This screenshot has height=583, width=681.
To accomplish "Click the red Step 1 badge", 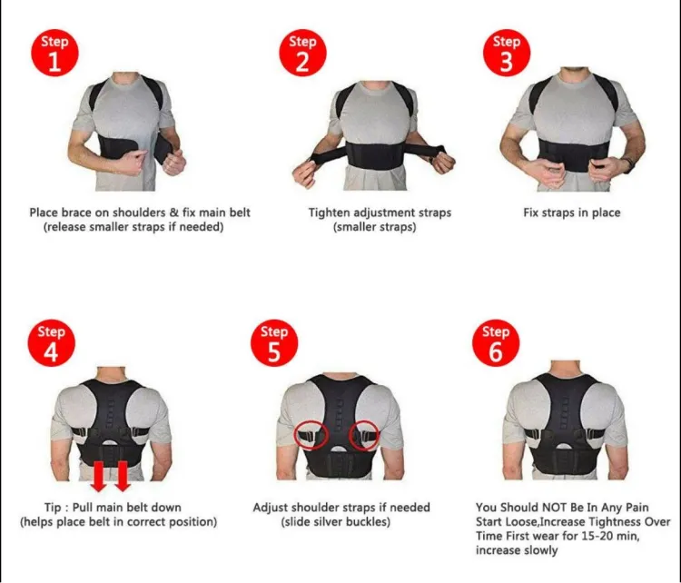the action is coord(54,53).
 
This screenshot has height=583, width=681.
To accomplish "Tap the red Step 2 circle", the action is coord(302,53).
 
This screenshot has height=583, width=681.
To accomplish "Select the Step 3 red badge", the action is coord(507,53).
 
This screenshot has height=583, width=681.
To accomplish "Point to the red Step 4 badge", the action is coord(51,343).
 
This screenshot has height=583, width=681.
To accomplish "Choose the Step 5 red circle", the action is coord(274,343).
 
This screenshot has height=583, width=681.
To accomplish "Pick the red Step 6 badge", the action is coord(496,343).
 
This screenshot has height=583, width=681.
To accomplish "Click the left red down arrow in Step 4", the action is coord(99,476).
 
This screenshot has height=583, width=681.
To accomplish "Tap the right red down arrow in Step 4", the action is coord(122,476).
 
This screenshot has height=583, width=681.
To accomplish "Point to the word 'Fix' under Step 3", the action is coord(531,212).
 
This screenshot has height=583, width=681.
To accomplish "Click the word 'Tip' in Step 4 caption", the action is coord(52,508).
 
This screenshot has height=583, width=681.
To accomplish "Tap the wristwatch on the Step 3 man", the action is coord(628,165).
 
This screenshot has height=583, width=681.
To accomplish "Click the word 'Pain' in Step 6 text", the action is coord(637,508).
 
